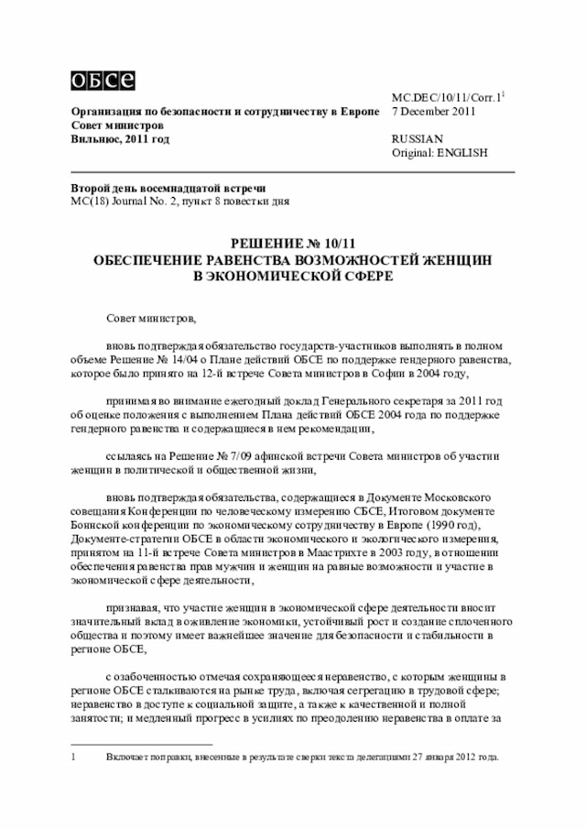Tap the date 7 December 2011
click(x=433, y=111)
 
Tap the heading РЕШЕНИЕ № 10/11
click(x=292, y=245)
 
